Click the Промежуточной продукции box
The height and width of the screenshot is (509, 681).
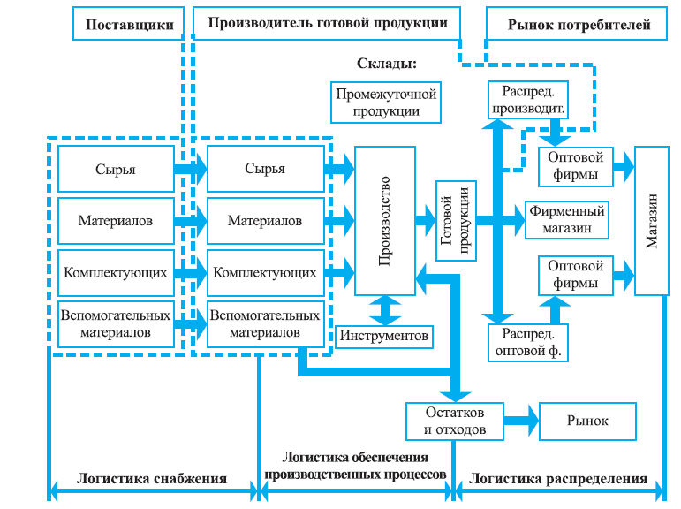click(x=385, y=103)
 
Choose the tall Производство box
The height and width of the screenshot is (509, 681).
click(x=385, y=221)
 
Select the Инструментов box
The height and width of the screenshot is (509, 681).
click(x=385, y=336)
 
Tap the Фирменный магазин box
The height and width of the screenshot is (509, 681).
click(x=566, y=220)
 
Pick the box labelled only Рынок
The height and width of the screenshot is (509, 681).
click(x=587, y=422)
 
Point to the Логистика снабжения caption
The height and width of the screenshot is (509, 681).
click(x=152, y=479)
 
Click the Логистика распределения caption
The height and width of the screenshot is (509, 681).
click(x=558, y=479)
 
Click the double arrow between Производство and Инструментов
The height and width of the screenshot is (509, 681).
click(x=385, y=309)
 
